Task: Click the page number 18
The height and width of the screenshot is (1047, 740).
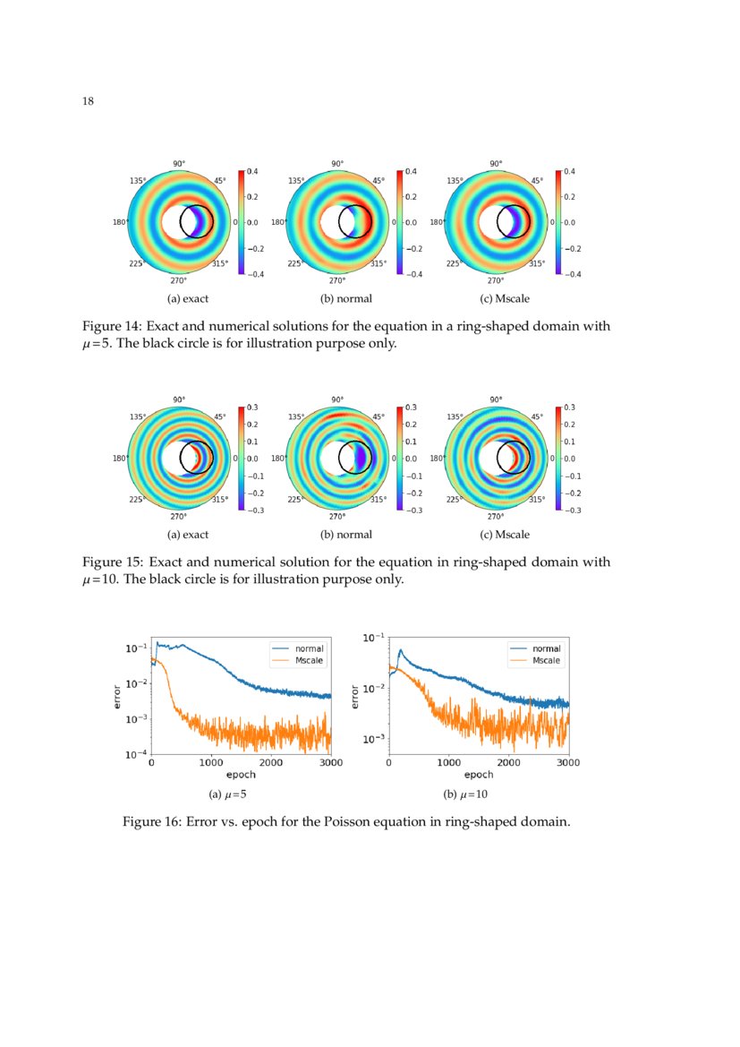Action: [x=88, y=101]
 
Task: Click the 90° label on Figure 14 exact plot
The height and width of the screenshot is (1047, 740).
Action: [x=179, y=164]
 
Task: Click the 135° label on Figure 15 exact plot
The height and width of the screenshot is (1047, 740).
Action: [x=139, y=417]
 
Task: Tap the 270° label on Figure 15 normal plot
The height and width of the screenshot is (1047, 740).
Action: [x=337, y=516]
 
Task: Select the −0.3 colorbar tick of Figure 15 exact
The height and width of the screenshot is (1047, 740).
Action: [x=251, y=510]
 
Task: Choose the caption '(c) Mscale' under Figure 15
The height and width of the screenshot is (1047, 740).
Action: [x=505, y=535]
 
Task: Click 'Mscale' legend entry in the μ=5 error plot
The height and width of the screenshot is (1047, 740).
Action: [x=310, y=660]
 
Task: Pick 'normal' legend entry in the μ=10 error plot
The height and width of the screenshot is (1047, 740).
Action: [x=546, y=648]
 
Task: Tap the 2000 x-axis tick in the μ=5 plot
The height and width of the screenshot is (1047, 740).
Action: [x=271, y=763]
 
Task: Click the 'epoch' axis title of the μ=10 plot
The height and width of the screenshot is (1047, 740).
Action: [x=479, y=775]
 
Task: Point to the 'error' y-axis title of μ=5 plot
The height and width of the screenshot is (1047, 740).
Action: [x=117, y=697]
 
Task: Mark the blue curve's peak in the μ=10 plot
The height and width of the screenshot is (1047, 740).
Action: [x=401, y=650]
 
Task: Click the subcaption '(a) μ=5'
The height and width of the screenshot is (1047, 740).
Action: [x=227, y=794]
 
